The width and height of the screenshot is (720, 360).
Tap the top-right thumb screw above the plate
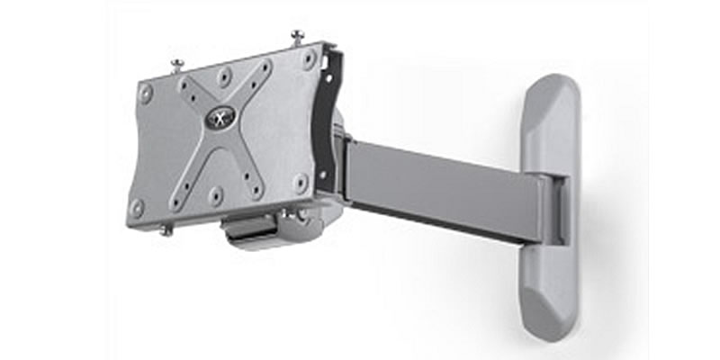pyautogui.click(x=297, y=37)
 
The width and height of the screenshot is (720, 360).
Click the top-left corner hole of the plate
pyautogui.click(x=147, y=92)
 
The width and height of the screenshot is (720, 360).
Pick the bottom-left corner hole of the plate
pyautogui.click(x=137, y=206)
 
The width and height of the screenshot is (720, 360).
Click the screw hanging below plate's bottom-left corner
pyautogui.click(x=166, y=229)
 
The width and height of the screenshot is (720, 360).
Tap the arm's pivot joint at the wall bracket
pyautogui.click(x=553, y=209)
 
